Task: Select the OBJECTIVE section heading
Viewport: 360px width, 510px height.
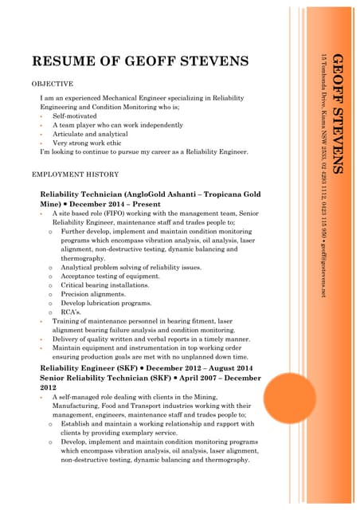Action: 52,84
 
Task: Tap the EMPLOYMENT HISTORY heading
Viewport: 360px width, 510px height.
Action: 75,174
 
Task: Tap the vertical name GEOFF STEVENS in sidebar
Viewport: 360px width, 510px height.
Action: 337,113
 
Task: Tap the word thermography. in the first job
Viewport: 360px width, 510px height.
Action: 83,258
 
